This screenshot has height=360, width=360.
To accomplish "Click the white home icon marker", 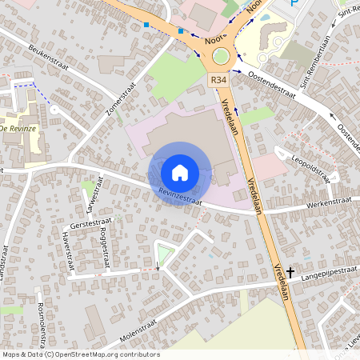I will pyautogui.click(x=180, y=173).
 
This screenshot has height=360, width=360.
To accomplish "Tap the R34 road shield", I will pyautogui.click(x=219, y=80).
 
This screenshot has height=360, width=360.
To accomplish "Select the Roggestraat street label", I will pyautogui.click(x=104, y=243).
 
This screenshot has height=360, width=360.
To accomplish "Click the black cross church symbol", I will pyautogui.click(x=290, y=273).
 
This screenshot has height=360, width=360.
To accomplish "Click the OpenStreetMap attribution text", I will pyautogui.click(x=80, y=354).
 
